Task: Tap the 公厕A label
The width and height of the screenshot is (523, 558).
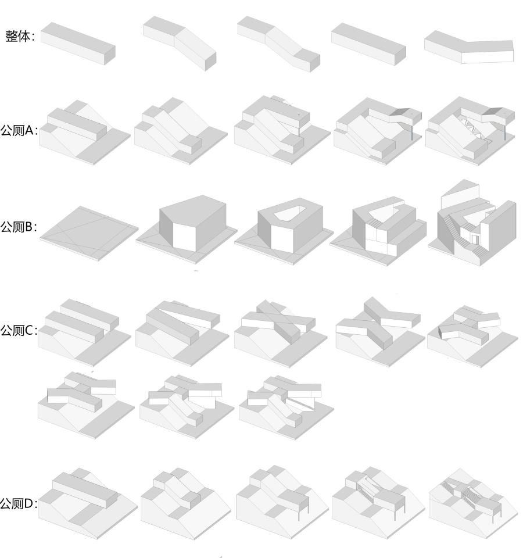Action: pos(19,130)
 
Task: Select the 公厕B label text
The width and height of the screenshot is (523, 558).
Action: pos(19,227)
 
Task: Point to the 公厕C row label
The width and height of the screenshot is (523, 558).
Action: pos(19,330)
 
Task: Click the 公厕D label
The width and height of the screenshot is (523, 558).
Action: pos(19,503)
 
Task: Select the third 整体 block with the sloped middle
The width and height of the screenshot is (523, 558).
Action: pos(278,44)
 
